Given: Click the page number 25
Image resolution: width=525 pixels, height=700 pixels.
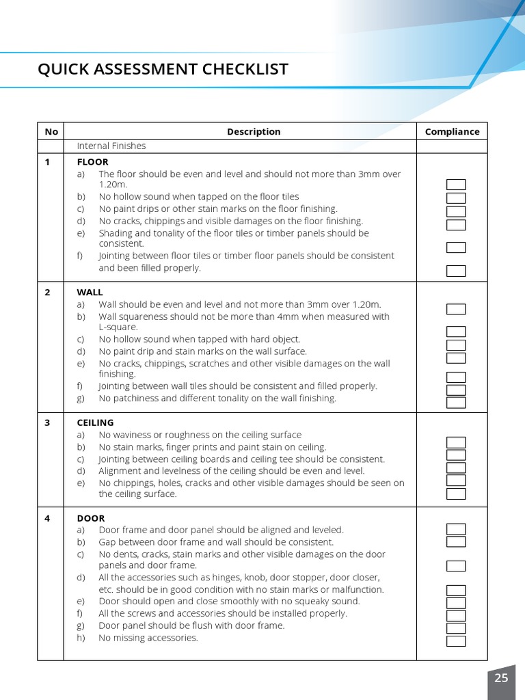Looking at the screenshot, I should pyautogui.click(x=501, y=677).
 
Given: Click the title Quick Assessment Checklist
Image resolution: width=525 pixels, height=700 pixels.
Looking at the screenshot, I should pyautogui.click(x=163, y=69).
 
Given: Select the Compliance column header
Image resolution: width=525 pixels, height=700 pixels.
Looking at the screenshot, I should pyautogui.click(x=452, y=131).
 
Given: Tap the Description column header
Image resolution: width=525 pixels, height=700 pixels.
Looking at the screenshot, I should pyautogui.click(x=254, y=131).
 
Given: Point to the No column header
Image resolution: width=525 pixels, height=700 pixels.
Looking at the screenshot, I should pyautogui.click(x=51, y=131).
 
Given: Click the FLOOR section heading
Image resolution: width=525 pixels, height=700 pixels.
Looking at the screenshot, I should pyautogui.click(x=93, y=162).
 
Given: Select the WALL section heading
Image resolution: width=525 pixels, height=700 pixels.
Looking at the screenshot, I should pyautogui.click(x=90, y=292).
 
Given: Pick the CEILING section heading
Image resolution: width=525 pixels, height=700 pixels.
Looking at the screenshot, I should pyautogui.click(x=95, y=422).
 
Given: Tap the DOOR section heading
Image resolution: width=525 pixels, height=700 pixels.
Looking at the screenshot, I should pyautogui.click(x=91, y=518).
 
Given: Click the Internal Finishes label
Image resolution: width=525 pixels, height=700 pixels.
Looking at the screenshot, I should pyautogui.click(x=111, y=146).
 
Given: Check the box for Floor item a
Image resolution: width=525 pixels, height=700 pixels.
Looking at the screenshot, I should pyautogui.click(x=456, y=185).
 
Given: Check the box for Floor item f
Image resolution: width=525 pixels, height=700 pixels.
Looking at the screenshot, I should pyautogui.click(x=456, y=271).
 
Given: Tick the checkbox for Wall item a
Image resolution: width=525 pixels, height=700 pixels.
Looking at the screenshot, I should pyautogui.click(x=456, y=309).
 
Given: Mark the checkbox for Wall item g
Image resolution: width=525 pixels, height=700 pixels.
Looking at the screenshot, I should pyautogui.click(x=456, y=403).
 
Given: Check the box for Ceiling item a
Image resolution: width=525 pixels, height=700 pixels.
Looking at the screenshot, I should pyautogui.click(x=456, y=442).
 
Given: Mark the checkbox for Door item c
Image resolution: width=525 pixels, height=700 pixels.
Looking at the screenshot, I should pyautogui.click(x=456, y=566).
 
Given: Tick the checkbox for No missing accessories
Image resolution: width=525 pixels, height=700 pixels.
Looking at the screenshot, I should pyautogui.click(x=456, y=641).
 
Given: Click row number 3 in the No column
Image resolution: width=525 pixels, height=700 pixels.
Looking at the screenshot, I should pyautogui.click(x=48, y=422).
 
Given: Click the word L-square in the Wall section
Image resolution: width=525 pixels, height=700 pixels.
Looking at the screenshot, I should pyautogui.click(x=118, y=327).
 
